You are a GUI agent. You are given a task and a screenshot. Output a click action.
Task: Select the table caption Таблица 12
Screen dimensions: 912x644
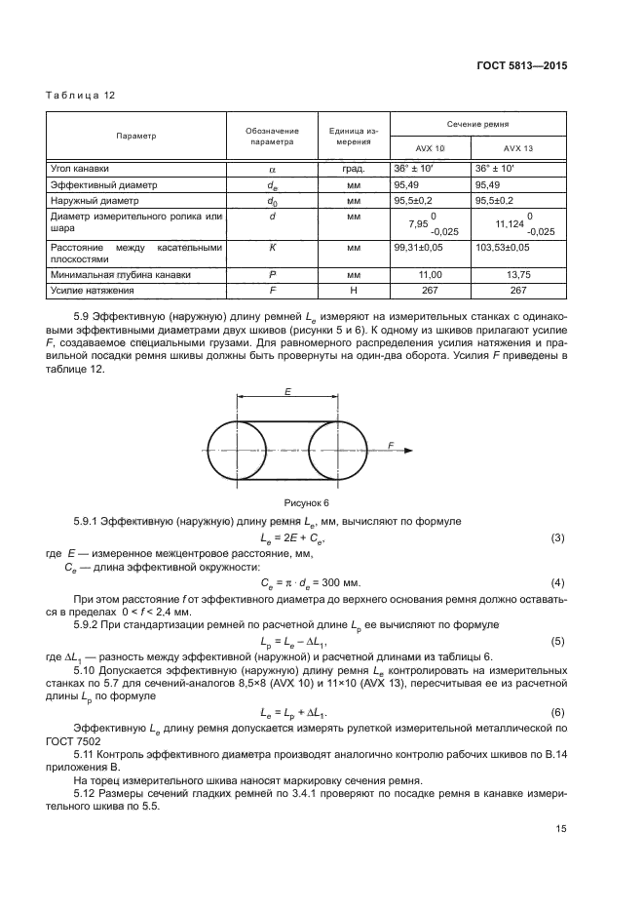[x=81, y=95]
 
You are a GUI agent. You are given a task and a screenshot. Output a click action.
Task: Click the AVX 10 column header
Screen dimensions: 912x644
[x=429, y=148]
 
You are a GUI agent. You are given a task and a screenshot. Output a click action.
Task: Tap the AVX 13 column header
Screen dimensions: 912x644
[x=518, y=148]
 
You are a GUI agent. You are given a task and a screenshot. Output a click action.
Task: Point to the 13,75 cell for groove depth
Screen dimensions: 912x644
[x=518, y=276]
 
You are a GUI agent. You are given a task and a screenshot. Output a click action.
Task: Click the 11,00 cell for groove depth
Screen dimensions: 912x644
[x=429, y=276]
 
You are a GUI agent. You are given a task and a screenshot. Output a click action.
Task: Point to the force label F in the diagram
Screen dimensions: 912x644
[x=390, y=444]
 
